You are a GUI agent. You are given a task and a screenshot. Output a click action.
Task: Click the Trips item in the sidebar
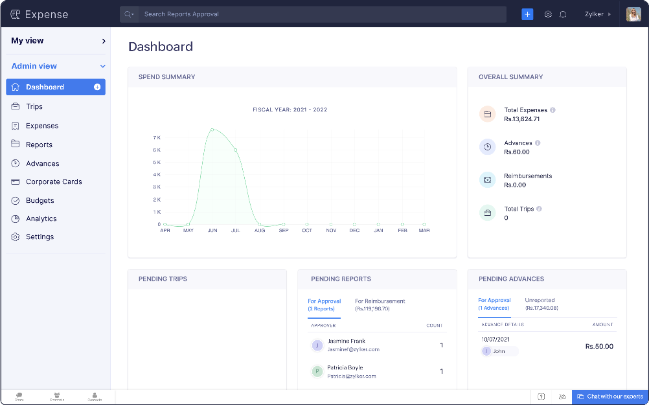[34, 106]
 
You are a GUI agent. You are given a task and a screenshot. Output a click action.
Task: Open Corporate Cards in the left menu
[54, 182]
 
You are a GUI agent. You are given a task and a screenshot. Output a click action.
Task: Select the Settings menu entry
[40, 237]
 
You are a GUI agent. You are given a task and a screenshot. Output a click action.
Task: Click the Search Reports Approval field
[311, 14]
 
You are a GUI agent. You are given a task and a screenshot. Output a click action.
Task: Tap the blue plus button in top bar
[527, 14]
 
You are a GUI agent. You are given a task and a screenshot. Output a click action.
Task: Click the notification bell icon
[563, 14]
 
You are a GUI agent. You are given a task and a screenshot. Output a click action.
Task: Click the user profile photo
[633, 14]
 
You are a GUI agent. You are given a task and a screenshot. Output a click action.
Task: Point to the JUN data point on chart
[212, 130]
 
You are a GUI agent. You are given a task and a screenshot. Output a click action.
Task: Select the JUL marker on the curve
[235, 150]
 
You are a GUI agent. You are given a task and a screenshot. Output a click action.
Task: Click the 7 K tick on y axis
[157, 137]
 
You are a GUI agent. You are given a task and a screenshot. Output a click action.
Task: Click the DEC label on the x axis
[354, 231]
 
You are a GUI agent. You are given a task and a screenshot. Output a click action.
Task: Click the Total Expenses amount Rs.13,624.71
[521, 119]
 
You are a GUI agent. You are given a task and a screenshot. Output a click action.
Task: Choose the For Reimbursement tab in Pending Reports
[380, 305]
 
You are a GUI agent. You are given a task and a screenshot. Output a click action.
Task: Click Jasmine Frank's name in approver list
[346, 341]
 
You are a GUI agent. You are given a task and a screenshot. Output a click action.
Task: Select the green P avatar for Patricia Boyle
[317, 371]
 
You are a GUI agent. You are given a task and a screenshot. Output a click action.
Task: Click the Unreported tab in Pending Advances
[541, 304]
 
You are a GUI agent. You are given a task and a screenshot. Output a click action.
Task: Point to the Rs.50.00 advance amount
[598, 347]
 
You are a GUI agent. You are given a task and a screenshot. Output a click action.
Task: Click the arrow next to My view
[104, 41]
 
